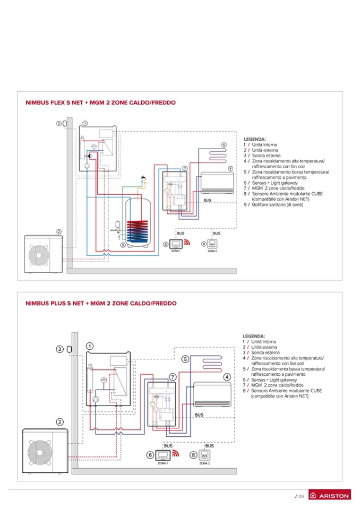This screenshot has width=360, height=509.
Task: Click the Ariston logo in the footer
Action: [330, 496]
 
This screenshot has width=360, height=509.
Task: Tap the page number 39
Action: [301, 496]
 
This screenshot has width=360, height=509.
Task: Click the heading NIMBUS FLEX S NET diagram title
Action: [100, 102]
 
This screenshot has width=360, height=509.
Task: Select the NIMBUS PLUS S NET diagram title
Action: [101, 303]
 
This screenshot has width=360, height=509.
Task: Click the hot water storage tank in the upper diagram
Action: [138, 223]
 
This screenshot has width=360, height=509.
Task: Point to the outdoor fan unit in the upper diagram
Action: [44, 254]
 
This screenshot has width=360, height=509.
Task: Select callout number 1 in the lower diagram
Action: [90, 346]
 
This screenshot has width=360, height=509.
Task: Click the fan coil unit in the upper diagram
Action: [217, 183]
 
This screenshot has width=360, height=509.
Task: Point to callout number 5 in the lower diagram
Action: [185, 359]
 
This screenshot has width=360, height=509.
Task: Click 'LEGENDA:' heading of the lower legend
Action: [254, 336]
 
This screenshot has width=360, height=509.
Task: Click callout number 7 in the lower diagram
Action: [173, 376]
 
